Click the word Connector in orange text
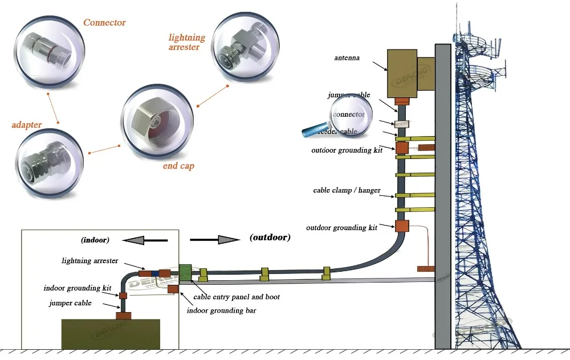tap(104, 23)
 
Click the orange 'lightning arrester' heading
tap(187, 42)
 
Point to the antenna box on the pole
tap(402, 73)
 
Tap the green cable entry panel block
tap(185, 272)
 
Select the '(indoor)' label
tap(95, 240)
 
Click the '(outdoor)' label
tap(270, 237)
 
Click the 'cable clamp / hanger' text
tap(347, 190)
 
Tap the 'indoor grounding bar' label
tap(222, 310)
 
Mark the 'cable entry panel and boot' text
tap(237, 297)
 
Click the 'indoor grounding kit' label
tap(77, 288)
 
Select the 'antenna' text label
tap(347, 58)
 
